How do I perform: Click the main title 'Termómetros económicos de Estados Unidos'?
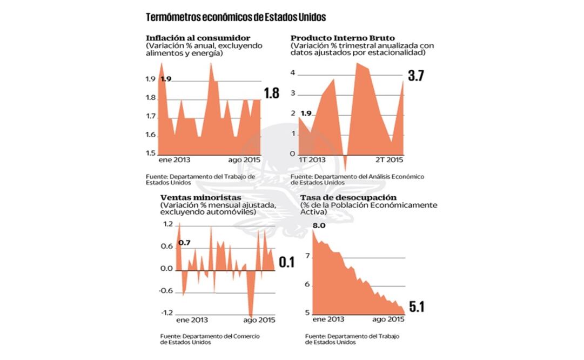236,17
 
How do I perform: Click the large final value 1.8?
271,93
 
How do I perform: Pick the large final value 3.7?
415,76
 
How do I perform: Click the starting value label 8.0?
319,225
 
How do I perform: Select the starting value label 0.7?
184,243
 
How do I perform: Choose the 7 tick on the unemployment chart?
308,257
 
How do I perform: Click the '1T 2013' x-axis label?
313,161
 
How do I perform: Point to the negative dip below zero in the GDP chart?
346,162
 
